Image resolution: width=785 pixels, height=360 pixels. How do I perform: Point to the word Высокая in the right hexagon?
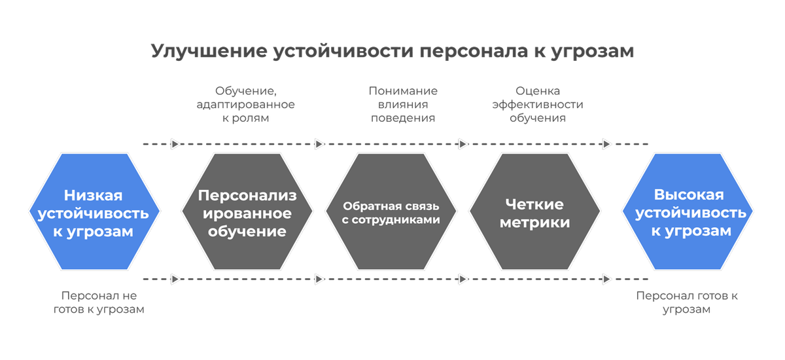coord(689,196)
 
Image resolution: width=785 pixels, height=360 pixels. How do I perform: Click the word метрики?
coord(534,223)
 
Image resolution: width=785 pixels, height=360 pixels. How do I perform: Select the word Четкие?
coord(534,204)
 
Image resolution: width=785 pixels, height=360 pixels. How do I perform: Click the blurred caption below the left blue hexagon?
coord(98,302)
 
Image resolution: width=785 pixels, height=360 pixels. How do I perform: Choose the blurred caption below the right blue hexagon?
coord(686,302)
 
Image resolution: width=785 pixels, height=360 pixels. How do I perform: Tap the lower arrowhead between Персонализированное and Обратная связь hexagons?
coord(319,279)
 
